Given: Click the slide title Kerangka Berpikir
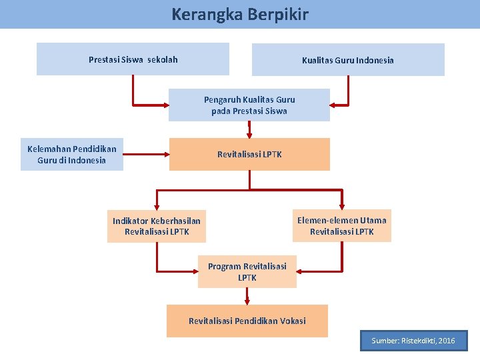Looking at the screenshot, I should [x=240, y=14].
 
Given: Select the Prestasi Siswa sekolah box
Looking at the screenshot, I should [x=133, y=59].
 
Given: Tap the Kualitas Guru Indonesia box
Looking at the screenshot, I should [x=347, y=60].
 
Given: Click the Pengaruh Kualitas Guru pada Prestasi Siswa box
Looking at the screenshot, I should [x=249, y=105].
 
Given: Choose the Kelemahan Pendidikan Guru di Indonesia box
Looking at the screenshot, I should [x=72, y=155].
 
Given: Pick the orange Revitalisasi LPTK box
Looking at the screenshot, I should [x=249, y=154].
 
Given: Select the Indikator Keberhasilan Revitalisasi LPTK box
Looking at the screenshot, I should [x=157, y=226].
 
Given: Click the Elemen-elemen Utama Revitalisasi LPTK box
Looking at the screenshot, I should [x=342, y=226].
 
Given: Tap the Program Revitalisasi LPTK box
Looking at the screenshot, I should [x=247, y=271].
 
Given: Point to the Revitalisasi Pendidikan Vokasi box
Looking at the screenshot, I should [x=247, y=321].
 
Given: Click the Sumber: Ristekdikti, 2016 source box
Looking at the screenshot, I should [x=413, y=341].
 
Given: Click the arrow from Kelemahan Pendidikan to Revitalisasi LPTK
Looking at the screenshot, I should [x=146, y=155].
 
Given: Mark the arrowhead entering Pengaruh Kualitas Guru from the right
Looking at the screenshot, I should [x=335, y=105].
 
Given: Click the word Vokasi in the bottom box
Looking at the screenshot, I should [x=293, y=321].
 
